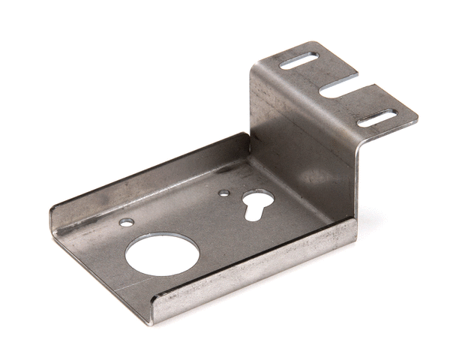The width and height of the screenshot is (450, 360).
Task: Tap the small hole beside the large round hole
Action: pos(127,223)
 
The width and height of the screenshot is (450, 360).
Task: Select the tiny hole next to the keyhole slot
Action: pos(223,193)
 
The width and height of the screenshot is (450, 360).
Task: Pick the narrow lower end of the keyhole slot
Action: pos(250,213)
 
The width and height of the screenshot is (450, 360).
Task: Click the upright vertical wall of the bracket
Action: pos(300,142)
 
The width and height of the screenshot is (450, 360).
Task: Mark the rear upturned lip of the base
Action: pos(150,172)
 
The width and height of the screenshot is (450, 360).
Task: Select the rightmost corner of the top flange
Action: pos(417,118)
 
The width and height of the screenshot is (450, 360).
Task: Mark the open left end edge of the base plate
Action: pos(97,262)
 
